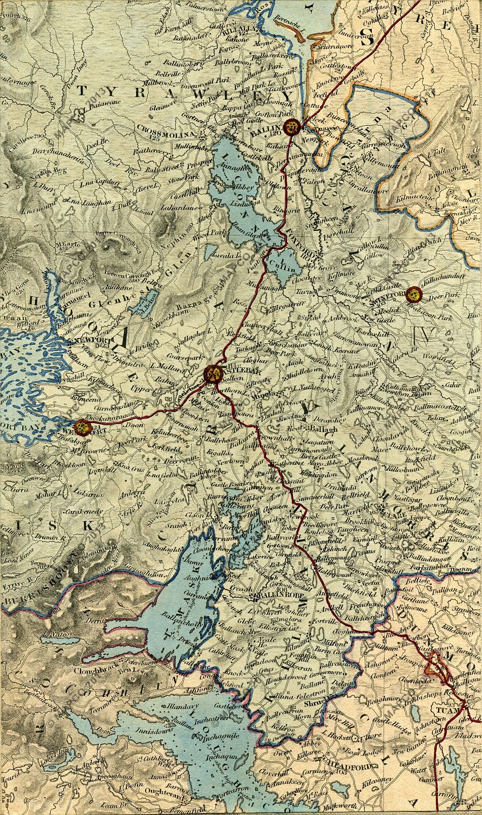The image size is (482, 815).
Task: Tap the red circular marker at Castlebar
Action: pos(212,374)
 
